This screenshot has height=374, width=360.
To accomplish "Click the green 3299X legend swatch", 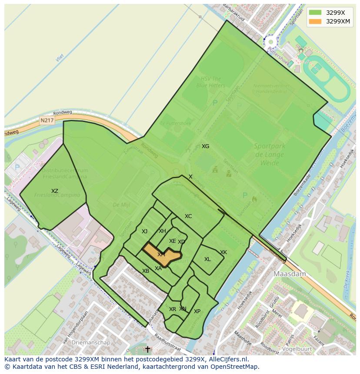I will click(x=315, y=13).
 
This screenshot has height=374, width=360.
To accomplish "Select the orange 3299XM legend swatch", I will click(x=315, y=21).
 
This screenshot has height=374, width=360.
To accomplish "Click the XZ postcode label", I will click(x=54, y=191).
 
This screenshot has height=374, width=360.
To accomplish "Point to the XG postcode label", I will click(x=205, y=146).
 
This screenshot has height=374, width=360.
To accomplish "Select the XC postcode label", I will click(x=188, y=216).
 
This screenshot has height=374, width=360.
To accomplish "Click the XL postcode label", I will click(x=207, y=259).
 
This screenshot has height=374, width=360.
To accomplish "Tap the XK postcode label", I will click(x=223, y=252).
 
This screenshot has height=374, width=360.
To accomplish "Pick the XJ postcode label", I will click(x=144, y=232).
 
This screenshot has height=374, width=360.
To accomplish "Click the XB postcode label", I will click(x=146, y=271).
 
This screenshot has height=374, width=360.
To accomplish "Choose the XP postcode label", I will click(x=197, y=311).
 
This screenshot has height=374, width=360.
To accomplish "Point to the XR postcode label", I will click(x=173, y=309).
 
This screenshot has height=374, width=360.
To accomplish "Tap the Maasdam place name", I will click(x=290, y=274).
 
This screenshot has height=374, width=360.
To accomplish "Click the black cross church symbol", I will click(x=147, y=349).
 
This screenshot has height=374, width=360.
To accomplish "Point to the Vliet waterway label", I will click(x=60, y=58).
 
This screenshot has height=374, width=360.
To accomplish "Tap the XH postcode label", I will click(x=162, y=231).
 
